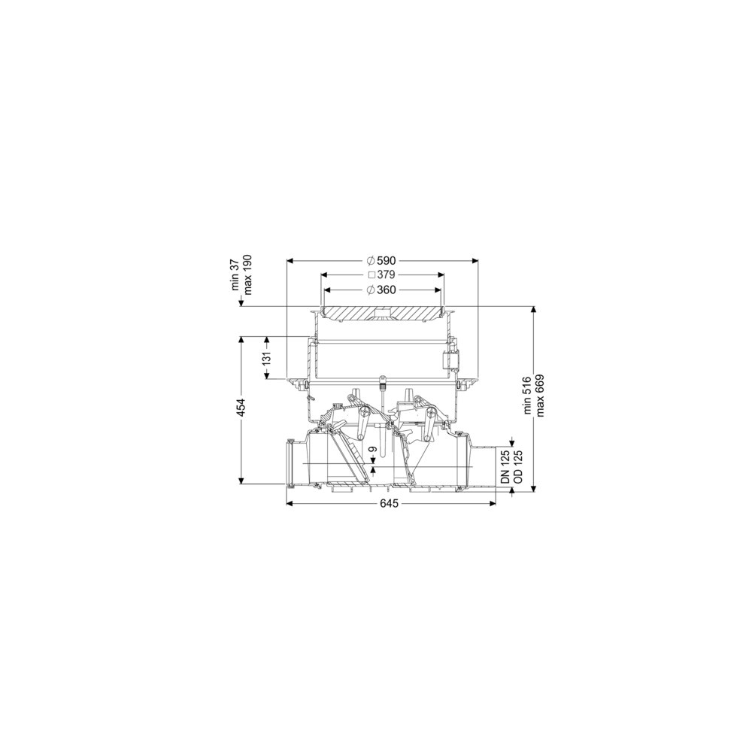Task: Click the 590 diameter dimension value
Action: [x=387, y=261]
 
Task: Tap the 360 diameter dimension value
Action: [x=387, y=290]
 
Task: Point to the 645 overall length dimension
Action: [x=390, y=504]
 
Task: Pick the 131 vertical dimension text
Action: [x=267, y=358]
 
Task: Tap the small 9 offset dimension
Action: [x=374, y=450]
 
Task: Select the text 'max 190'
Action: [x=247, y=274]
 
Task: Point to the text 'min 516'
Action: [x=529, y=396]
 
